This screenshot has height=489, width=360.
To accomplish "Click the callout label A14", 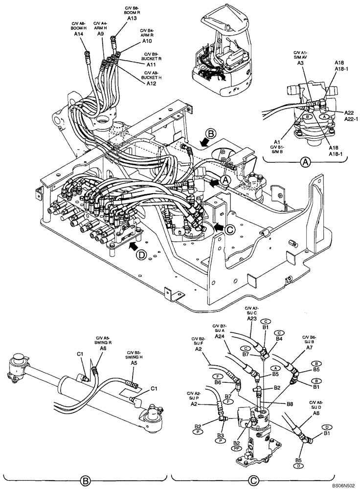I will [x=78, y=35].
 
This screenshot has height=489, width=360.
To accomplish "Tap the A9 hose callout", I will [x=100, y=34].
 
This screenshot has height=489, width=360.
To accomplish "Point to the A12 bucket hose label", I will [x=152, y=84].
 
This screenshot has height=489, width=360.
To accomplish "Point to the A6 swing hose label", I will [x=103, y=349].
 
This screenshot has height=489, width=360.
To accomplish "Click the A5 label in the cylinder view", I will [x=134, y=363].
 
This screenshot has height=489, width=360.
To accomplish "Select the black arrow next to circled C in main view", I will [x=218, y=227].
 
